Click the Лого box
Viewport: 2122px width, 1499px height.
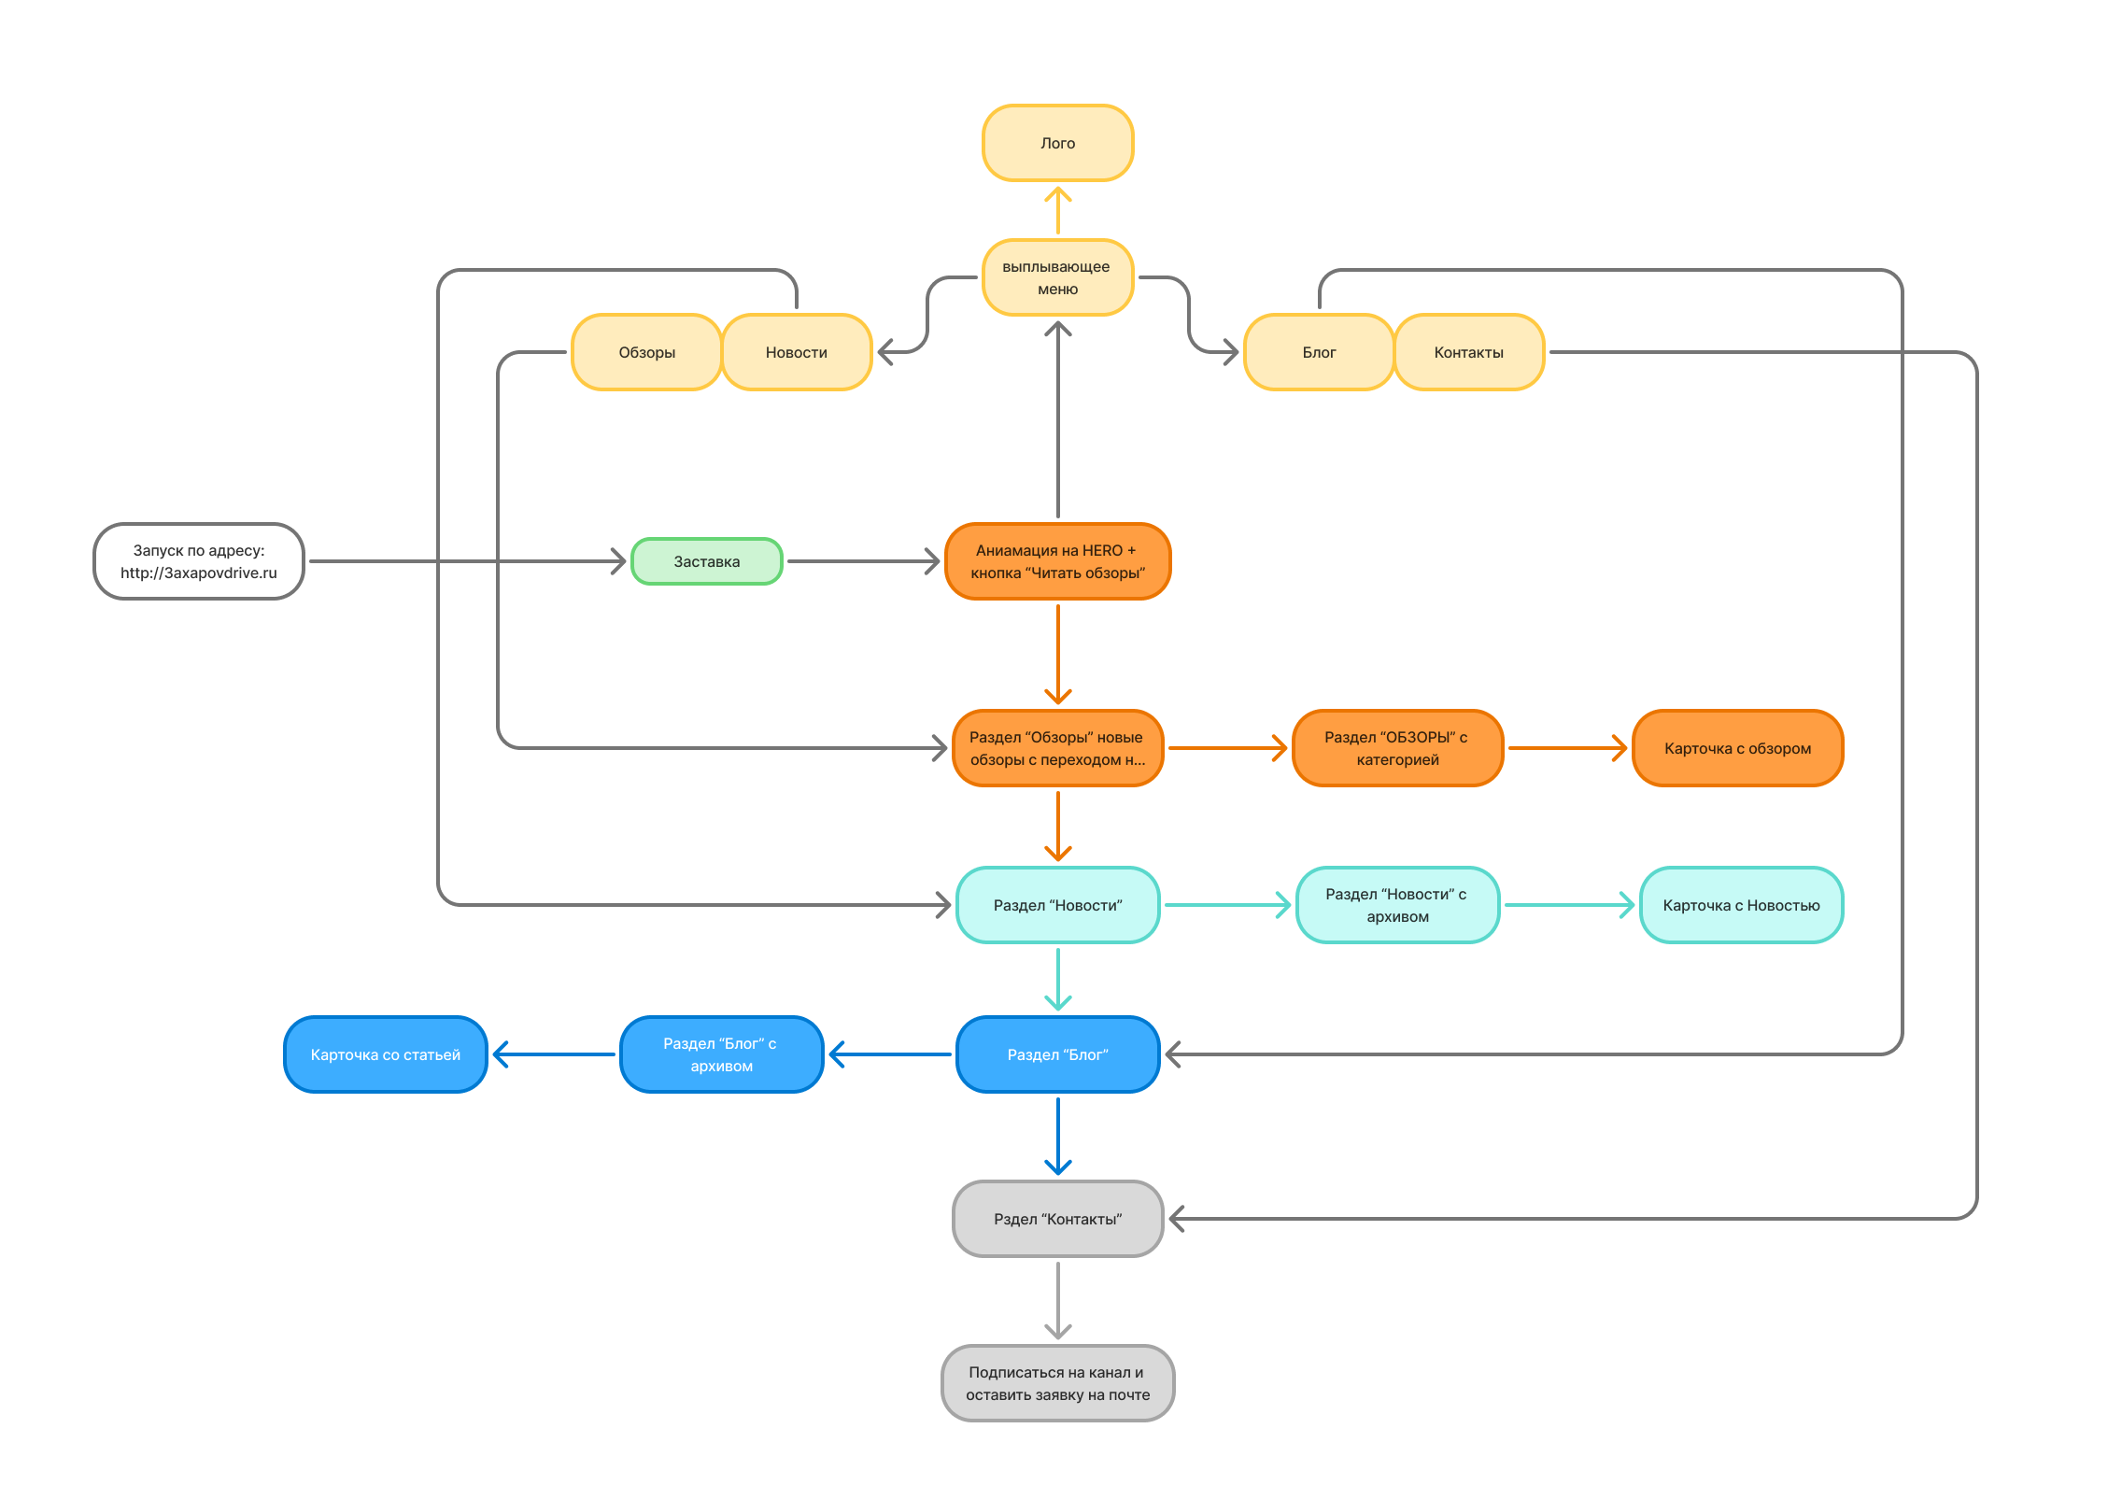[1057, 143]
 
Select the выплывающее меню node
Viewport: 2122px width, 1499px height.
[1057, 277]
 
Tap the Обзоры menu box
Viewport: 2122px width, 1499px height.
[646, 352]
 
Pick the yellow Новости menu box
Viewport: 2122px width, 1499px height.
[796, 352]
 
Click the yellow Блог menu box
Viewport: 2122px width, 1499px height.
[1319, 352]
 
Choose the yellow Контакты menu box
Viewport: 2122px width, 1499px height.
[1468, 352]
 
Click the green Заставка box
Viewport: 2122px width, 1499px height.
[706, 561]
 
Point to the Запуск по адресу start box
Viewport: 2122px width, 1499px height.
[198, 561]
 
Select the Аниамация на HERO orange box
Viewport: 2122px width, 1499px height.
[1057, 561]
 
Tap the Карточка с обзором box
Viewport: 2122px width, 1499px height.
[1737, 748]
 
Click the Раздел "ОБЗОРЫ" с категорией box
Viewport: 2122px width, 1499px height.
[1397, 748]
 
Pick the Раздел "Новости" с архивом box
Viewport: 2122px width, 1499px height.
[1397, 905]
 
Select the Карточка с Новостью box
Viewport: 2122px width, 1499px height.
[1741, 905]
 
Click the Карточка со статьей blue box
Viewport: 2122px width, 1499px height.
[385, 1054]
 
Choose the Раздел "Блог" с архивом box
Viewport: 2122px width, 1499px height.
[721, 1054]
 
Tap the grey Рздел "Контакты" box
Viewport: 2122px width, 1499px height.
[1057, 1219]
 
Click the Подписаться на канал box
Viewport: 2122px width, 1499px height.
[1057, 1383]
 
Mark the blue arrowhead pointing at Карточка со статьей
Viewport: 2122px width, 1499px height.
[499, 1054]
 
